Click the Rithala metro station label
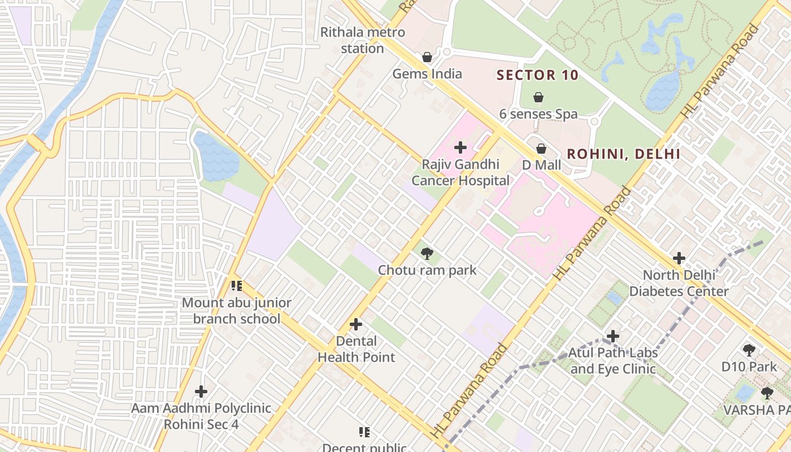(x=362, y=40)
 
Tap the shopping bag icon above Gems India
(x=427, y=57)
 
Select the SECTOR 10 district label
(x=537, y=75)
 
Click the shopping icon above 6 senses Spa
(x=538, y=97)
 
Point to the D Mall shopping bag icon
(x=541, y=149)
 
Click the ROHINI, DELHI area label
(x=623, y=154)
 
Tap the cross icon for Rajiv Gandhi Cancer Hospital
(x=460, y=148)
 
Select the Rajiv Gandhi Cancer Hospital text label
(x=460, y=173)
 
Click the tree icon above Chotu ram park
(x=427, y=254)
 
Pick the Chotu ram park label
(x=427, y=270)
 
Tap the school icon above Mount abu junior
(x=236, y=286)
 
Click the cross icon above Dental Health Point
(x=356, y=324)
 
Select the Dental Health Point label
(x=356, y=349)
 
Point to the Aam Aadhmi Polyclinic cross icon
(x=201, y=391)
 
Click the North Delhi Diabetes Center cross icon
(x=679, y=259)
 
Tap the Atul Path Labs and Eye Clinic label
(x=612, y=361)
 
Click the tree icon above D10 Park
(x=749, y=350)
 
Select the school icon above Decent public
(x=364, y=432)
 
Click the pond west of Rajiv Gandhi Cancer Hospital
(x=216, y=157)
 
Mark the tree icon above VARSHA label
(x=767, y=393)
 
